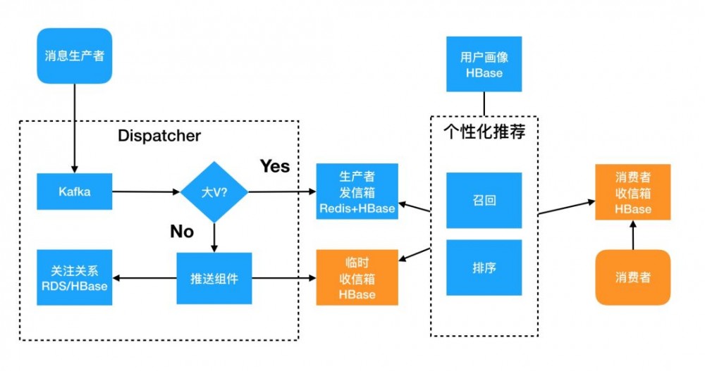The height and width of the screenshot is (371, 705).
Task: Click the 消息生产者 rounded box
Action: point(74,55)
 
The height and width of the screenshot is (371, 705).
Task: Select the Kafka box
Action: point(74,191)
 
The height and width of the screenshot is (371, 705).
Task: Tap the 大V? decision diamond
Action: point(214,191)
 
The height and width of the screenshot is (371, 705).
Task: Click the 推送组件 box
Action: point(214,278)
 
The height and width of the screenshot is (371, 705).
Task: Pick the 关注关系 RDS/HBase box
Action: point(74,278)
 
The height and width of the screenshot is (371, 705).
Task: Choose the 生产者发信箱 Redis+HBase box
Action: point(357,191)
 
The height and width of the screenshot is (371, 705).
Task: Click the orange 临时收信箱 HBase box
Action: point(357,277)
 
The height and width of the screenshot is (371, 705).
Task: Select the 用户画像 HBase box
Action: point(484,64)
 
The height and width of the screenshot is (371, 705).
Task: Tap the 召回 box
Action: point(484,200)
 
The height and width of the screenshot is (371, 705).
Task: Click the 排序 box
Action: point(484,268)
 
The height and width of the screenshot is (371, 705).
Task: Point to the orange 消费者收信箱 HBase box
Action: point(632,191)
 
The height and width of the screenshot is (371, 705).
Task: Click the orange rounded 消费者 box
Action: point(632,277)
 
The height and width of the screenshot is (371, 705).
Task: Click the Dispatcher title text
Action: point(159,135)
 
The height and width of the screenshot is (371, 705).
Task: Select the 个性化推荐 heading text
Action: point(484,132)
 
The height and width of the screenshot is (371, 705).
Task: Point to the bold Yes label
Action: point(274,166)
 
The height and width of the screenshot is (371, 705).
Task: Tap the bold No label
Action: point(181,231)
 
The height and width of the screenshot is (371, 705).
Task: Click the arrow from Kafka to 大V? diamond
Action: point(145,191)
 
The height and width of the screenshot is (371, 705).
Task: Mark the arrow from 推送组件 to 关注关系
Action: point(145,278)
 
